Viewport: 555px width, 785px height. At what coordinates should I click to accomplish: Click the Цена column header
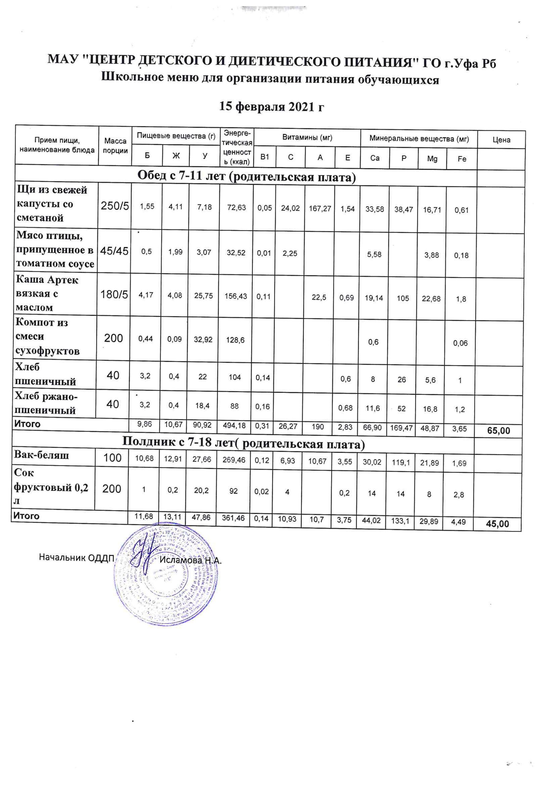tap(501, 140)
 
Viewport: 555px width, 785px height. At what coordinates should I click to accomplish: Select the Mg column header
tap(432, 159)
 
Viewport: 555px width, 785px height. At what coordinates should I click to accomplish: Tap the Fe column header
tap(462, 159)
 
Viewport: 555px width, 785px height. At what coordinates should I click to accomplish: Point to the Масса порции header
tap(115, 146)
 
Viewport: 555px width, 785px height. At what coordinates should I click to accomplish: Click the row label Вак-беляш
tap(41, 455)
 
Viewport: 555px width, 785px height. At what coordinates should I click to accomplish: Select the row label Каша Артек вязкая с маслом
tap(47, 294)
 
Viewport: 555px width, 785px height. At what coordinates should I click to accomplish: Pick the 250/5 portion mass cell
tap(115, 206)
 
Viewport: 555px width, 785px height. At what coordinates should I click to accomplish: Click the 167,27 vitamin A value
tap(320, 208)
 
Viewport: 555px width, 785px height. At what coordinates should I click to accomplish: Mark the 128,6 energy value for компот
tap(235, 340)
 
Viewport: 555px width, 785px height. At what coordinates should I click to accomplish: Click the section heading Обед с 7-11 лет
tap(246, 176)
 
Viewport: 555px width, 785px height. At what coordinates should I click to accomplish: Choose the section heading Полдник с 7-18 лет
tap(243, 444)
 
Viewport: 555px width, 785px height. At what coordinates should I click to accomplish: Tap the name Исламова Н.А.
tap(191, 561)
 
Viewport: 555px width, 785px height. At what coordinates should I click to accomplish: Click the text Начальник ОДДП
tap(76, 557)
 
